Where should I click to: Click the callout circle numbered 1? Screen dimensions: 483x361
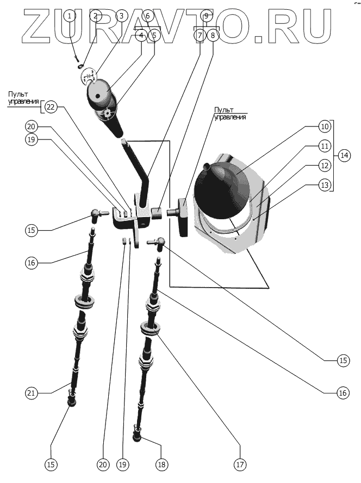point(70,16)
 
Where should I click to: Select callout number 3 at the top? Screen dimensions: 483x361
point(121,16)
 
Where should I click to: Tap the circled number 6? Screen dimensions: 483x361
point(147,16)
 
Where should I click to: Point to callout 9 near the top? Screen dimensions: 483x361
point(206,16)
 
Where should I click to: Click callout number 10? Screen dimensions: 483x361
point(325,127)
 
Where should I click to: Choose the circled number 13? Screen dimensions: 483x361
point(325,186)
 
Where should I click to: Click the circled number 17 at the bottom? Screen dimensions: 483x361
point(240,465)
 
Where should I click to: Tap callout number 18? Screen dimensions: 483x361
point(161,465)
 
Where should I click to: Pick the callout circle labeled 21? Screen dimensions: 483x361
point(32,393)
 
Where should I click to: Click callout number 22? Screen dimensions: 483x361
point(51,107)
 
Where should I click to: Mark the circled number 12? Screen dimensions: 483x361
point(325,166)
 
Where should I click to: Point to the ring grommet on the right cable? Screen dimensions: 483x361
point(152,327)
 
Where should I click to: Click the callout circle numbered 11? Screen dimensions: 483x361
point(325,146)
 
